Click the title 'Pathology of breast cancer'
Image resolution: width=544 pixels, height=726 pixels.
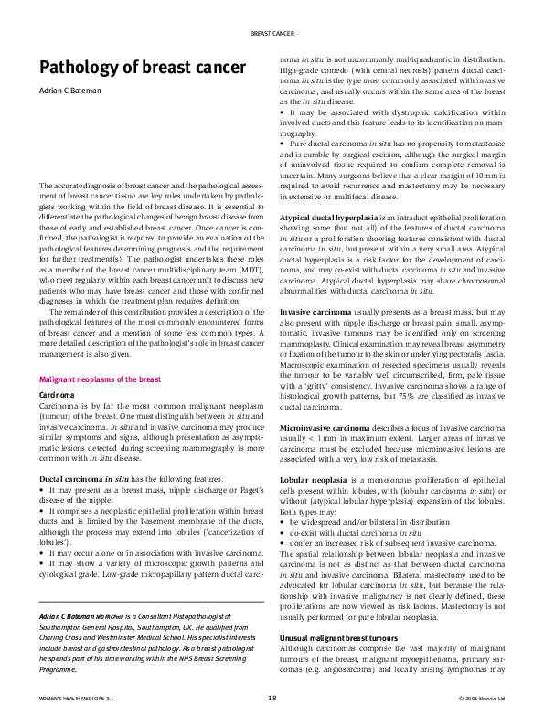142,68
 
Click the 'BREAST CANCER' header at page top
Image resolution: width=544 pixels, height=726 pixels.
272,33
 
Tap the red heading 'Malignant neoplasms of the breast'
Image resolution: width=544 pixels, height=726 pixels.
100,379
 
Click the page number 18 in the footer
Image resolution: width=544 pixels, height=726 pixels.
272,698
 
